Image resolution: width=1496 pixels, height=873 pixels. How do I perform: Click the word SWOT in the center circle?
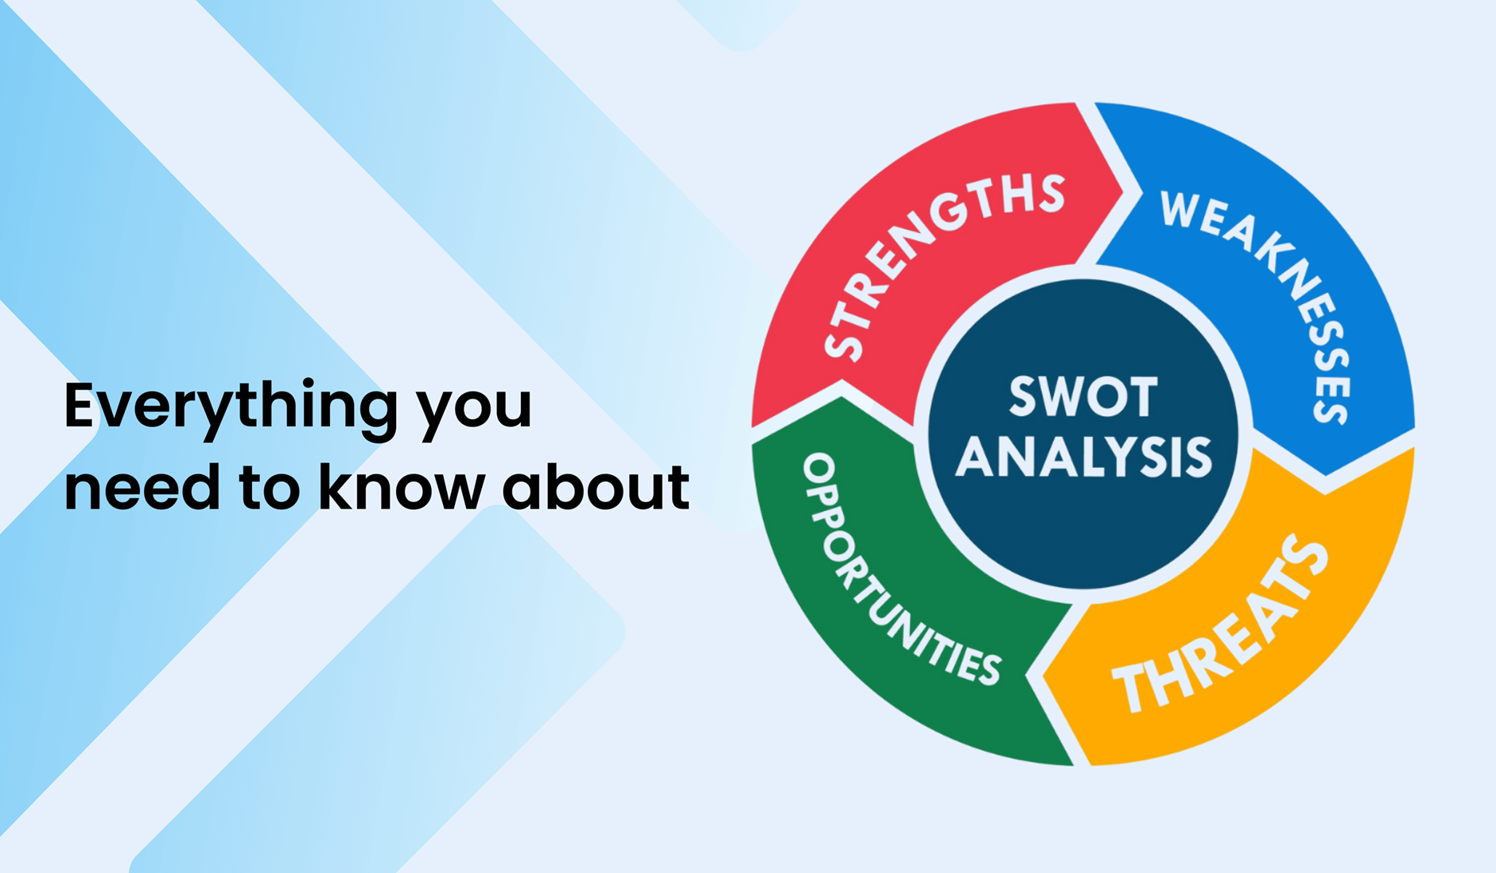(1083, 396)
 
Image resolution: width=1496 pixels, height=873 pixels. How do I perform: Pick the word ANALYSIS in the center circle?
(1083, 456)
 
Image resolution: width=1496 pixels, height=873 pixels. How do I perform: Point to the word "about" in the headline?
(596, 485)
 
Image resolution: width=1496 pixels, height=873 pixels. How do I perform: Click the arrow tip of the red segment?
(1122, 191)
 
